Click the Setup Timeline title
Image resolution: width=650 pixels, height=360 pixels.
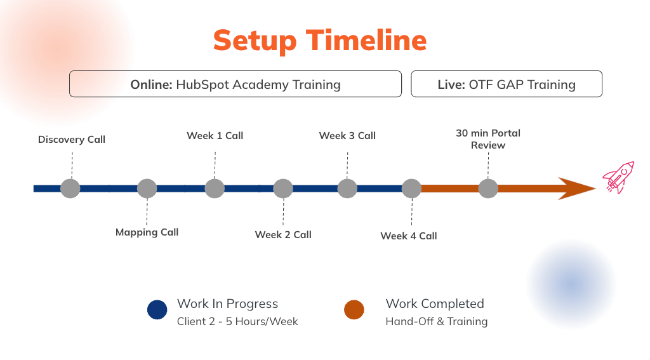click(x=319, y=40)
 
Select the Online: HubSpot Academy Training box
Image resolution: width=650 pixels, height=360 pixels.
click(x=235, y=84)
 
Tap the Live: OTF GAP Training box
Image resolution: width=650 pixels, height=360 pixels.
click(x=506, y=84)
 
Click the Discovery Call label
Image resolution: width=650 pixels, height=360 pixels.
click(x=72, y=139)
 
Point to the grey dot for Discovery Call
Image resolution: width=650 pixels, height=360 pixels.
click(x=70, y=189)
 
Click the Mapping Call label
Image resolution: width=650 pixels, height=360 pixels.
click(x=147, y=232)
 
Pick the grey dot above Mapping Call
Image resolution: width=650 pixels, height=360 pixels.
click(x=147, y=189)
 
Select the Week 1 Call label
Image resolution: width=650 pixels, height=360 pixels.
click(x=215, y=136)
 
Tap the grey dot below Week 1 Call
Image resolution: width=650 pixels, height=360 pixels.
click(x=215, y=189)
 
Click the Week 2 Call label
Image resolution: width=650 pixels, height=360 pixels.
click(x=283, y=235)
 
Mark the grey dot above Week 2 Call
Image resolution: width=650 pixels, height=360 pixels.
click(x=283, y=189)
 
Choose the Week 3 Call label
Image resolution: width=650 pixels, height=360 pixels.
click(x=347, y=136)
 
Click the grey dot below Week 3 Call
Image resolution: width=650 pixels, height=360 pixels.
click(x=347, y=189)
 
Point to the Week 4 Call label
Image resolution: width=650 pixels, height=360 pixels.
click(x=409, y=236)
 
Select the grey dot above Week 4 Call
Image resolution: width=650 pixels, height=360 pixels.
click(x=411, y=189)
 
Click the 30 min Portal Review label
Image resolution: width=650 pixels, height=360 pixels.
click(x=488, y=139)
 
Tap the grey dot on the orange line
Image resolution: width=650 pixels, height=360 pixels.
click(x=488, y=189)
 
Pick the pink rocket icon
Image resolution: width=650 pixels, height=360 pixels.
click(x=618, y=177)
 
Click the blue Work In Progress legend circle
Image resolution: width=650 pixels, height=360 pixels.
click(x=157, y=310)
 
